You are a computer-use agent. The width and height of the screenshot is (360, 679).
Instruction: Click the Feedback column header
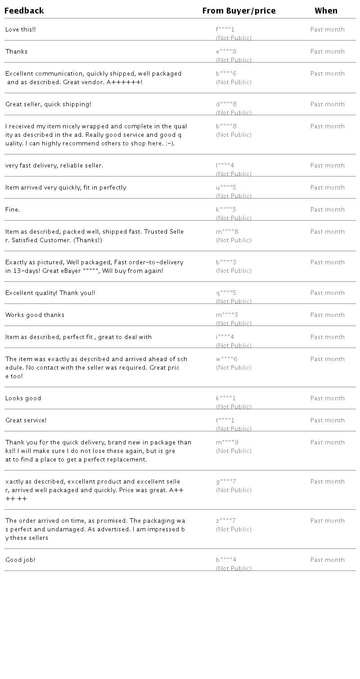click(x=24, y=11)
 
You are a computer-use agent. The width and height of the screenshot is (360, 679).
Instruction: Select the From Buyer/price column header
click(x=238, y=11)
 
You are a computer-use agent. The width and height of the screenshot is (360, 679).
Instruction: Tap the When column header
click(x=326, y=11)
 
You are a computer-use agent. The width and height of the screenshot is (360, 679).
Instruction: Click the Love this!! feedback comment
click(x=21, y=30)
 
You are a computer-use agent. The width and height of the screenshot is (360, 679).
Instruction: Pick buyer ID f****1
click(x=225, y=30)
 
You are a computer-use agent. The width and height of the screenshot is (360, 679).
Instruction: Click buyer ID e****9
click(x=226, y=52)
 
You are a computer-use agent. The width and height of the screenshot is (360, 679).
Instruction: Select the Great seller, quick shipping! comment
click(x=48, y=104)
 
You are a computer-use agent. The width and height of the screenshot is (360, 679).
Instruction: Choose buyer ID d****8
click(x=226, y=104)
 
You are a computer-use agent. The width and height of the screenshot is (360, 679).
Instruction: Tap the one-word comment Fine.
click(x=13, y=210)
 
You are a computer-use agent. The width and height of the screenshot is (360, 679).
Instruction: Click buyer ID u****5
click(x=226, y=188)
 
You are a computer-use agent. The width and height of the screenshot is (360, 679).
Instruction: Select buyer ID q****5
click(x=226, y=293)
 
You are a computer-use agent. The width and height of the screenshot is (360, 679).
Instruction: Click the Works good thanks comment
click(x=35, y=315)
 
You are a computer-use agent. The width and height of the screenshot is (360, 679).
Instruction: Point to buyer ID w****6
click(x=226, y=359)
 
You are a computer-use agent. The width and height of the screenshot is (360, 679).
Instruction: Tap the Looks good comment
click(x=23, y=398)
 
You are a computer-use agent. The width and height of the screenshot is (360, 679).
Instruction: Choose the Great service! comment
click(x=26, y=421)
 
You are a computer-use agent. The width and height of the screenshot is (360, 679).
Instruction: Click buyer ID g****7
click(x=226, y=482)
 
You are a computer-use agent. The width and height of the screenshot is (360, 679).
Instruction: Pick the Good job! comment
click(x=20, y=560)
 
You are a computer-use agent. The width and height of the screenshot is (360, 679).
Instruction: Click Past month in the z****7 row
click(x=327, y=521)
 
